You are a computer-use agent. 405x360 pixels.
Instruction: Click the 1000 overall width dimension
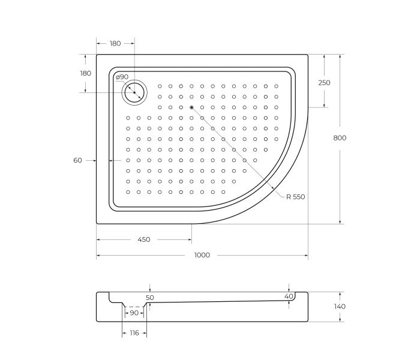[x=202, y=255]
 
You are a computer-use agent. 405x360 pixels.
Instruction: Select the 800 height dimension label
[x=340, y=138]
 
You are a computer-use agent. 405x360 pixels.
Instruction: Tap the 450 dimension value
[x=144, y=239]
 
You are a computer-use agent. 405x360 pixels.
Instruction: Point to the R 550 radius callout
[x=295, y=197]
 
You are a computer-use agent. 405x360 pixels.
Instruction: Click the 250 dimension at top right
[x=324, y=83]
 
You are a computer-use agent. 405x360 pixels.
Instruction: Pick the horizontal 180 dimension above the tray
[x=115, y=43]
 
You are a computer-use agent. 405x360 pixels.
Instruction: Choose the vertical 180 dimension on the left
[x=85, y=73]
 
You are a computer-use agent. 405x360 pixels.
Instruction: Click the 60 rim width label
[x=77, y=160]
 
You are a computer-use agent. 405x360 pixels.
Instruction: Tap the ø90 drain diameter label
[x=122, y=77]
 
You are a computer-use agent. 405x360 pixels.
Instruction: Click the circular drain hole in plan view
[x=134, y=92]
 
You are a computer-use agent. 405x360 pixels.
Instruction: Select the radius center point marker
[x=191, y=107]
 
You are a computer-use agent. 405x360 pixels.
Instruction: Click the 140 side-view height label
[x=340, y=307]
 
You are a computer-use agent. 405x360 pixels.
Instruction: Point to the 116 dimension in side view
[x=134, y=332]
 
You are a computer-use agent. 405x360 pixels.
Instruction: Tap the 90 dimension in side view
[x=134, y=313]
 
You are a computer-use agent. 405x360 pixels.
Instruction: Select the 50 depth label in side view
[x=150, y=298]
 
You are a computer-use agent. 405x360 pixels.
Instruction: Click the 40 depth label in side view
[x=289, y=296]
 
